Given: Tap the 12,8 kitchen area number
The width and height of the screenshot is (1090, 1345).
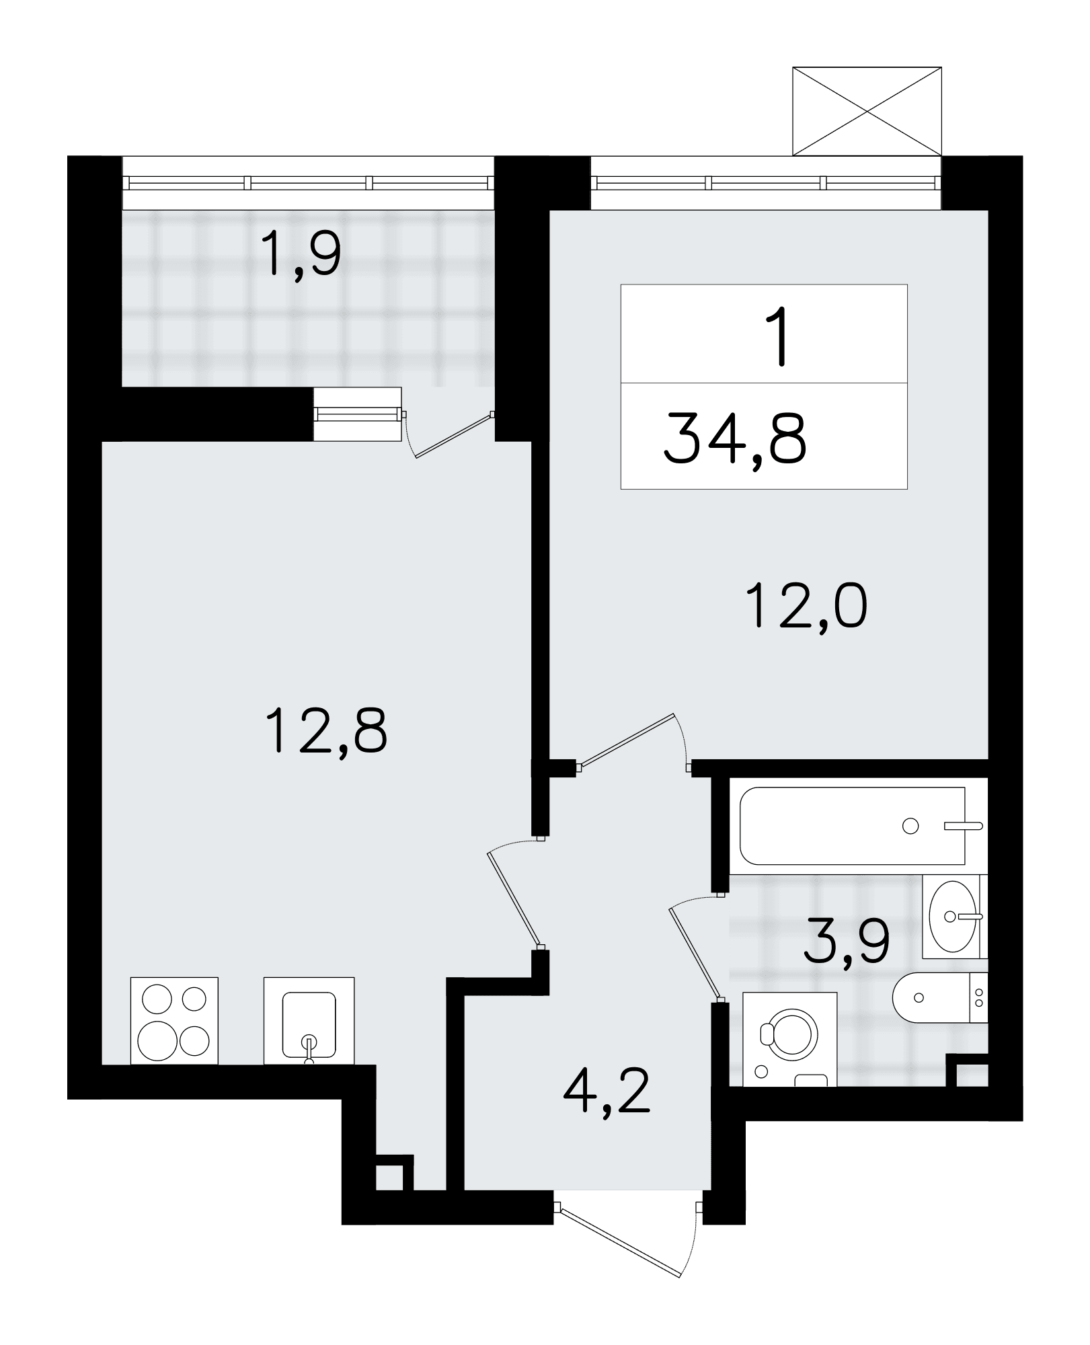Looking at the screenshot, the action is (326, 732).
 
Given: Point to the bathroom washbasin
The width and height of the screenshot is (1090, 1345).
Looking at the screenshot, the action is (954, 916).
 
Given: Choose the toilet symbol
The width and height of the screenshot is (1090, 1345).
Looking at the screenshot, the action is (940, 997).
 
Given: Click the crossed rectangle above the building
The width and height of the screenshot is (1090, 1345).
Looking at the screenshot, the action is (867, 111).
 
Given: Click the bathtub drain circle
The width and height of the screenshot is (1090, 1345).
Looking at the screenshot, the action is (910, 826).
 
